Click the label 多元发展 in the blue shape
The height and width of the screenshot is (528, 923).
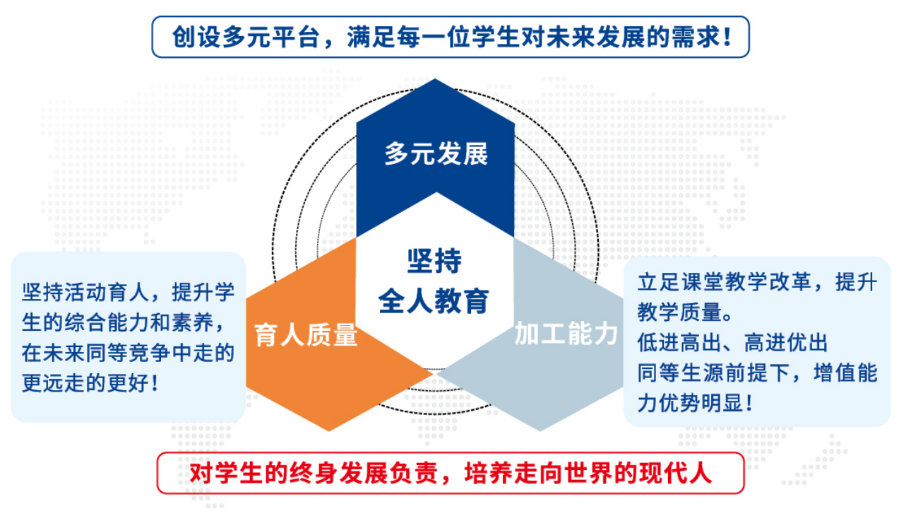point(436,154)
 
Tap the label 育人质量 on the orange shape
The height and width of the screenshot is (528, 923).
point(305,334)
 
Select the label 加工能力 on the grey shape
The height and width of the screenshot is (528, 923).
point(566,334)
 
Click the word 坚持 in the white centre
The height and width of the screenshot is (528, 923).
point(434,261)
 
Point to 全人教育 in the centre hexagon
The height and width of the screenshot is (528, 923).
point(434,301)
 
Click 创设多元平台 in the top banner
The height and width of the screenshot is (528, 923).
point(246,37)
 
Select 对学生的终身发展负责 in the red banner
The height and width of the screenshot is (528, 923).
point(314,473)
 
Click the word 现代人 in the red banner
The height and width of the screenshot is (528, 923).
point(675,473)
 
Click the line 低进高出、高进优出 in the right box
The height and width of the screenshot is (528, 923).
point(732,342)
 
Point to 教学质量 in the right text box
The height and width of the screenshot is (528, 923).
point(679,312)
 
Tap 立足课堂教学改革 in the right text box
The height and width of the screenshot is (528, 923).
point(724,282)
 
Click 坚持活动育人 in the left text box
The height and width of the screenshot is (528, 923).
point(85,292)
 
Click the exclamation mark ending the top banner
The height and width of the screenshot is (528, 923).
point(727,37)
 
